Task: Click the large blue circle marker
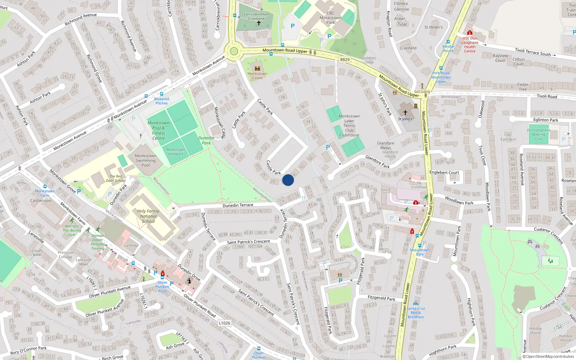click(288, 180)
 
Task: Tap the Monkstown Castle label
click(257, 76)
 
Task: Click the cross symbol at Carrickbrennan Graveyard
click(258, 23)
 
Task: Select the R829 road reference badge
click(345, 59)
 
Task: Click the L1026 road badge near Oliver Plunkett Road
click(224, 323)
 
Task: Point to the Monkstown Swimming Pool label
click(145, 161)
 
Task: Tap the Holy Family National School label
click(148, 216)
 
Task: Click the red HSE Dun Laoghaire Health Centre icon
click(469, 33)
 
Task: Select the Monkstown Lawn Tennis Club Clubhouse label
click(349, 126)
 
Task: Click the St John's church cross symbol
click(405, 113)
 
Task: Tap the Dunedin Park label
click(206, 140)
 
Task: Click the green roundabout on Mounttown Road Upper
click(234, 51)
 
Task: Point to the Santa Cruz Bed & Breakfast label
click(416, 312)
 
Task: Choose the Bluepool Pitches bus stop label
click(161, 101)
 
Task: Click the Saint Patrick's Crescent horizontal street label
click(248, 242)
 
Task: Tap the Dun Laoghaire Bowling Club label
click(539, 134)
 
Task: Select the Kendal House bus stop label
click(448, 49)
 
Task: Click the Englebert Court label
click(444, 172)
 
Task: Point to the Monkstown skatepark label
click(175, 152)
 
